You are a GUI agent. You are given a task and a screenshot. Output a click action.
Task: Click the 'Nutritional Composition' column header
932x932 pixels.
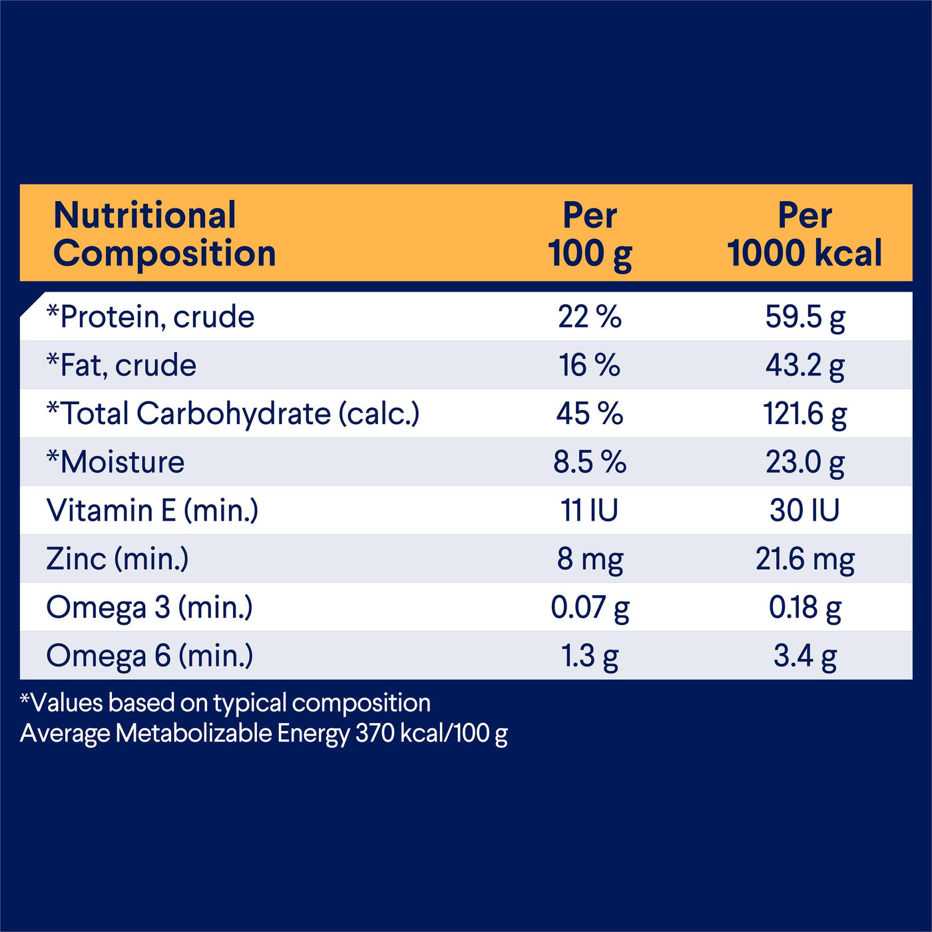pos(164,234)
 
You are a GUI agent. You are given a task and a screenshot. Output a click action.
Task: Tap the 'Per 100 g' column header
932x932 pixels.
pos(590,234)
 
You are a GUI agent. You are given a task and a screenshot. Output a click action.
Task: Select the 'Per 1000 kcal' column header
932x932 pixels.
pos(805,234)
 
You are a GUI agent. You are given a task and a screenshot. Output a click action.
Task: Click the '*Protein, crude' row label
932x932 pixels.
pos(150,317)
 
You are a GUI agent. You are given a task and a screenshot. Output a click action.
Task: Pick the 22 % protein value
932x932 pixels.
pos(590,317)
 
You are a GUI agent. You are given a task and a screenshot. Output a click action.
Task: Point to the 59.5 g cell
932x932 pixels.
pos(805,317)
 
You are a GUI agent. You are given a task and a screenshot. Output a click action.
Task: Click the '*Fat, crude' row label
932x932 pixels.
pos(122,365)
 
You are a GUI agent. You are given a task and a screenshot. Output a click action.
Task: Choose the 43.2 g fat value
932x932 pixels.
pos(805,365)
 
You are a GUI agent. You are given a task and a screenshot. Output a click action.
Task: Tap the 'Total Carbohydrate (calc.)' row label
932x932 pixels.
pos(233,413)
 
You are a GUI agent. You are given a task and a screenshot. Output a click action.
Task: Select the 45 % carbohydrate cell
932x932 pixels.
pos(590,413)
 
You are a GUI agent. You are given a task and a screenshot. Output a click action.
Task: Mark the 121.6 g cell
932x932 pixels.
pos(805,413)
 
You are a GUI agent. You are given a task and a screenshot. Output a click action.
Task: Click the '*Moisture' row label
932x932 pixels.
pos(116,462)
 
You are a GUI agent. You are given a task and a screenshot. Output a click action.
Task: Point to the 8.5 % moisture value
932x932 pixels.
pos(590,462)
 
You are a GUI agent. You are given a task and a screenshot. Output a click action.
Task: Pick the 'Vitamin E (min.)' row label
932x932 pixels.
pos(152,511)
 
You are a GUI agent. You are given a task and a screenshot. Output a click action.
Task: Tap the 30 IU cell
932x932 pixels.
pos(805,511)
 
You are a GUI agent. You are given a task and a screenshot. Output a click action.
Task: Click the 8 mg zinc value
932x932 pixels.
pos(590,559)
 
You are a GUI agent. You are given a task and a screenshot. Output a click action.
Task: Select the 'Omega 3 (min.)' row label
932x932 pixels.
pos(150,607)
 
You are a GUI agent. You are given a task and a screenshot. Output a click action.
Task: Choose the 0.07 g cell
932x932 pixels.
pos(590,607)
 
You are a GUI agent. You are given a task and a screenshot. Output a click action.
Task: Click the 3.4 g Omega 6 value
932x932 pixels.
pos(805,656)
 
